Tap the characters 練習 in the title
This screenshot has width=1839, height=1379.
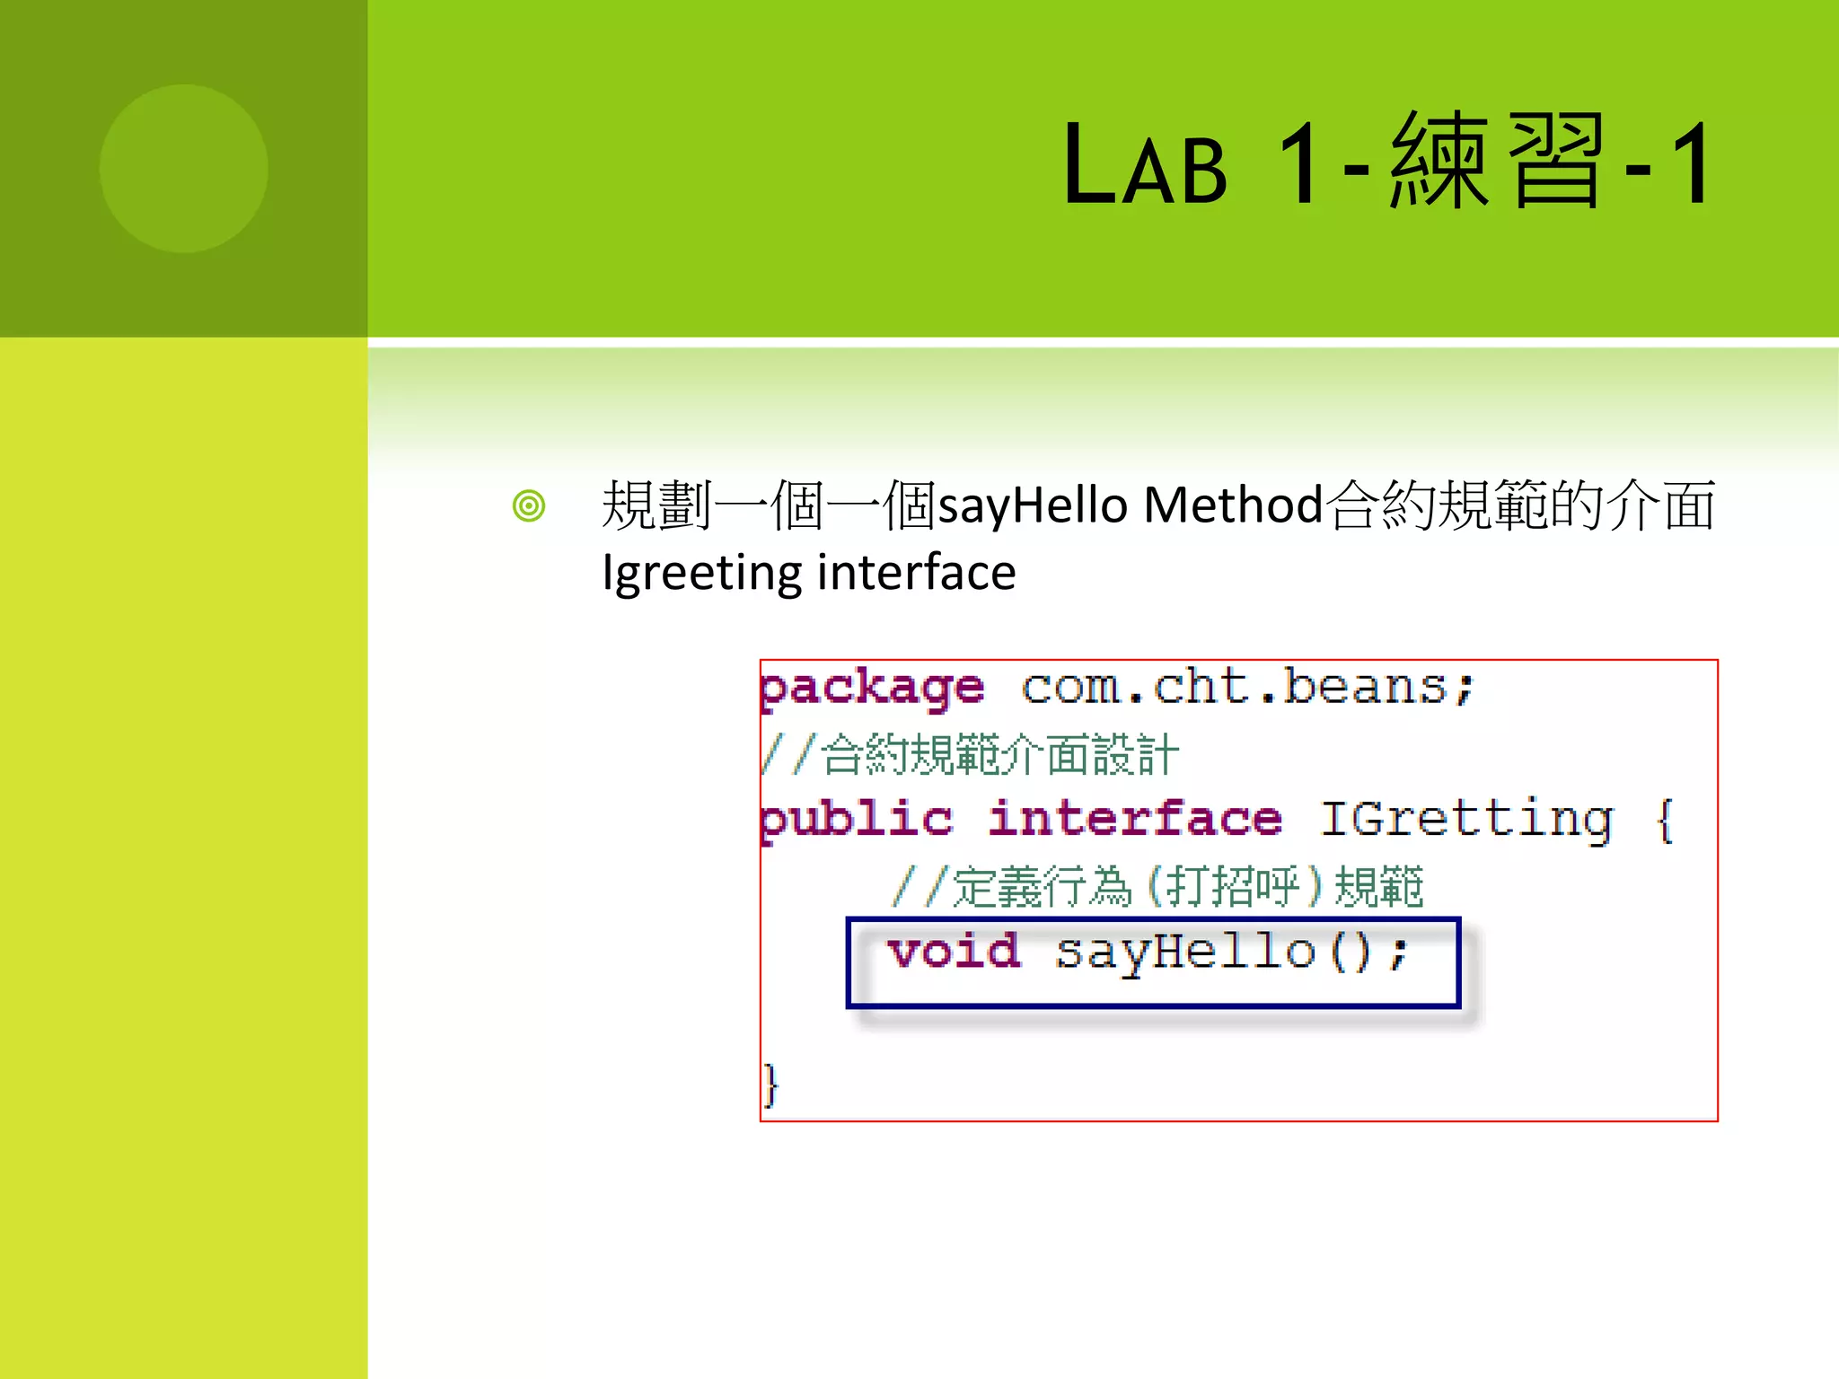point(1495,162)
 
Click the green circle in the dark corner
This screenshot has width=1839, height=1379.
point(183,168)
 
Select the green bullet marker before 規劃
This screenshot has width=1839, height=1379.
point(529,505)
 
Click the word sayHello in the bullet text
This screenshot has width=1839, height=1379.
point(1033,505)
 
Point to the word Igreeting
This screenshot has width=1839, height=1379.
point(702,573)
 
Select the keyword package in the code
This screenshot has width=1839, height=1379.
point(872,689)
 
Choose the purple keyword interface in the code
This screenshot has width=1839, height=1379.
point(1135,819)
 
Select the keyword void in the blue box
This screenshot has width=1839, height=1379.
point(954,952)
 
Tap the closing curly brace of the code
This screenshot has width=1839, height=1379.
point(770,1085)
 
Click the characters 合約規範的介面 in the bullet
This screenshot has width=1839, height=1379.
point(1522,505)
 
